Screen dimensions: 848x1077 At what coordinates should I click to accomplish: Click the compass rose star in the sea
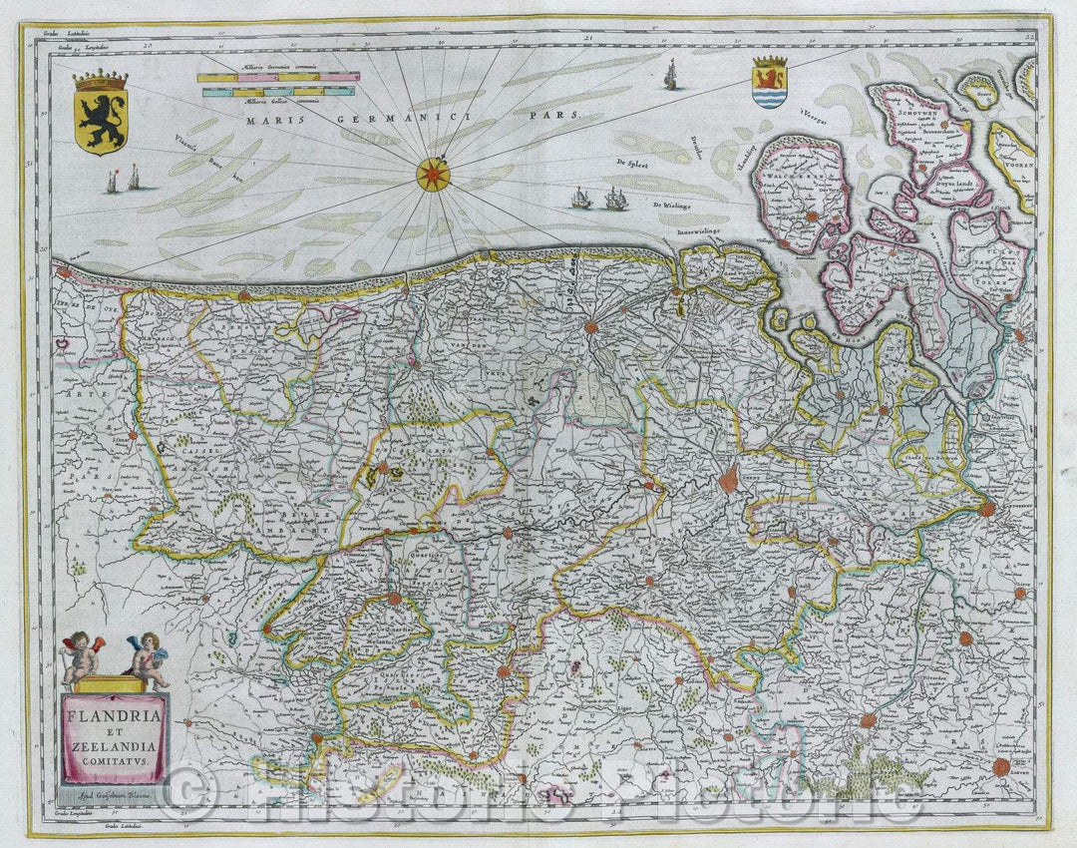pyautogui.click(x=433, y=175)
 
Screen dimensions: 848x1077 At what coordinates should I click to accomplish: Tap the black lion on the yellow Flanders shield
pyautogui.click(x=101, y=121)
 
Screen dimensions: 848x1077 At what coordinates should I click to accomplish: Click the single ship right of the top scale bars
pyautogui.click(x=670, y=74)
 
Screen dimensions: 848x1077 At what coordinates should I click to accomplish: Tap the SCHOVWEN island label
pyautogui.click(x=912, y=115)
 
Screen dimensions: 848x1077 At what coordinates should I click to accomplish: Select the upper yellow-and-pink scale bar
pyautogui.click(x=277, y=77)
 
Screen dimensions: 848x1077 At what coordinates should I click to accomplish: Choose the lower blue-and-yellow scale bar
pyautogui.click(x=277, y=92)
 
